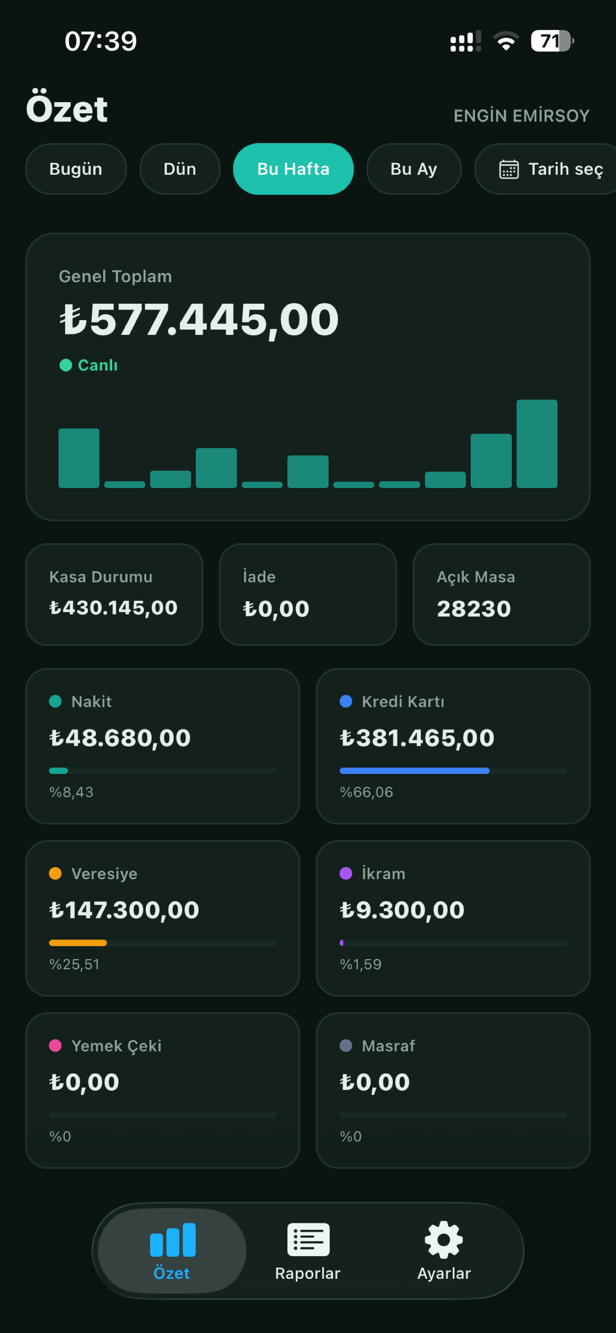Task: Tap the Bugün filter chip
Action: (x=76, y=169)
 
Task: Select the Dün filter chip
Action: (x=180, y=169)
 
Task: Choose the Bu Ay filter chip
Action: (x=414, y=169)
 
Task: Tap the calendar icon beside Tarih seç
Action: (x=509, y=169)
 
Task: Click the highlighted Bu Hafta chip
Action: (x=293, y=169)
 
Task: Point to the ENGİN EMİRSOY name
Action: (x=521, y=115)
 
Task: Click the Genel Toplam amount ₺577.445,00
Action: (x=199, y=319)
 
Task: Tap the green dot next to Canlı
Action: (x=66, y=365)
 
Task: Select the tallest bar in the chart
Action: (x=537, y=443)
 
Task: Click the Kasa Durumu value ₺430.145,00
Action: (x=113, y=607)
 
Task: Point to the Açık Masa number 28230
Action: (x=474, y=608)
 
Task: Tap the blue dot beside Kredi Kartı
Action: (x=346, y=701)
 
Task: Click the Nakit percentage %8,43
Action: (x=71, y=792)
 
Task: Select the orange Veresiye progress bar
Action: (x=78, y=943)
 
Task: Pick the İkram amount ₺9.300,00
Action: (x=403, y=910)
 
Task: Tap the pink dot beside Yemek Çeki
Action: (x=55, y=1045)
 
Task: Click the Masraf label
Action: (x=389, y=1046)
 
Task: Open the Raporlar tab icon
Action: (x=308, y=1239)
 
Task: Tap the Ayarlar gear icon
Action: (x=444, y=1239)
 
